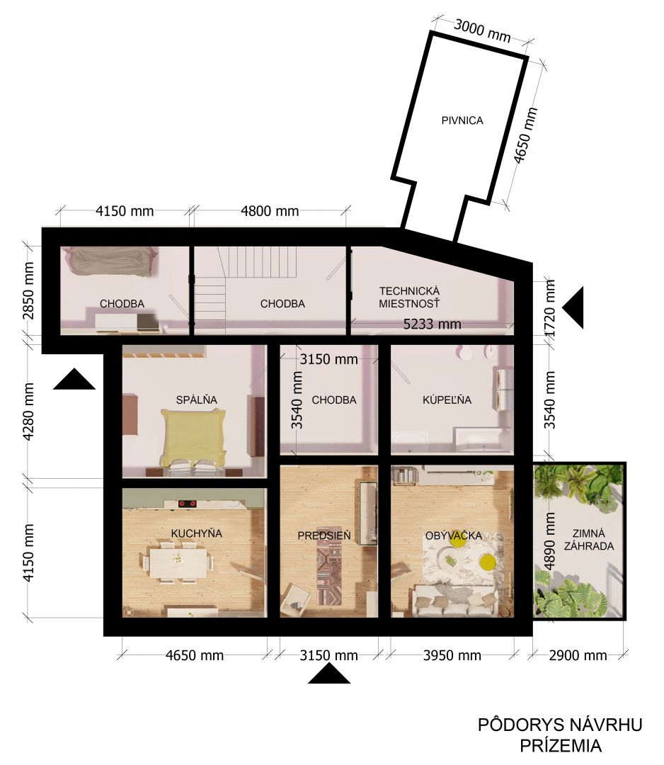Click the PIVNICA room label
462,120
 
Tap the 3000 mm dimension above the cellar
482,30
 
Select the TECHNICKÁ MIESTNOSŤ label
410,297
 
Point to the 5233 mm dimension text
432,324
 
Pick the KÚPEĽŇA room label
447,400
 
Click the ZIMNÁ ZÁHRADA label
589,540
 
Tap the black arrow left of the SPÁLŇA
74,379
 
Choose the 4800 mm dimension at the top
270,211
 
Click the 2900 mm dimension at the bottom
578,655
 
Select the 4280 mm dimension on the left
29,412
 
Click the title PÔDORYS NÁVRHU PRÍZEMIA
560,735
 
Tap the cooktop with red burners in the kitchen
187,504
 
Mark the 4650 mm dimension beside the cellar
525,135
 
